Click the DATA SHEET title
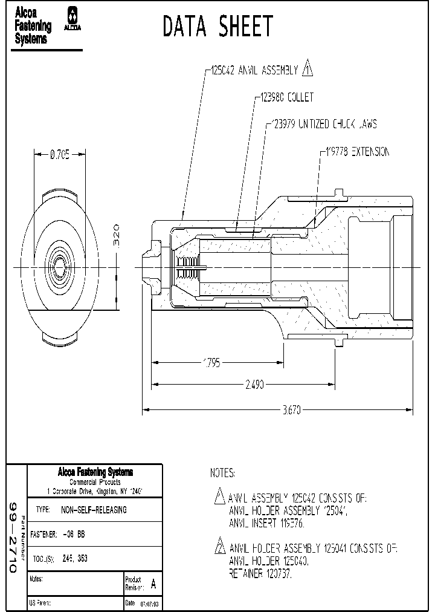(217, 27)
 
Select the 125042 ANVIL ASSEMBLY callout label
(254, 71)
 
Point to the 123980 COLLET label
(286, 97)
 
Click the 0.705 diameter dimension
(59, 155)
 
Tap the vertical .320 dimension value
(117, 236)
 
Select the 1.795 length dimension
(211, 363)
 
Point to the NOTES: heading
(222, 473)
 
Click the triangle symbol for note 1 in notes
(220, 497)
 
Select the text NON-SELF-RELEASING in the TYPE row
(94, 510)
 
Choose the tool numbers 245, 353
(75, 559)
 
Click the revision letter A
(153, 585)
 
